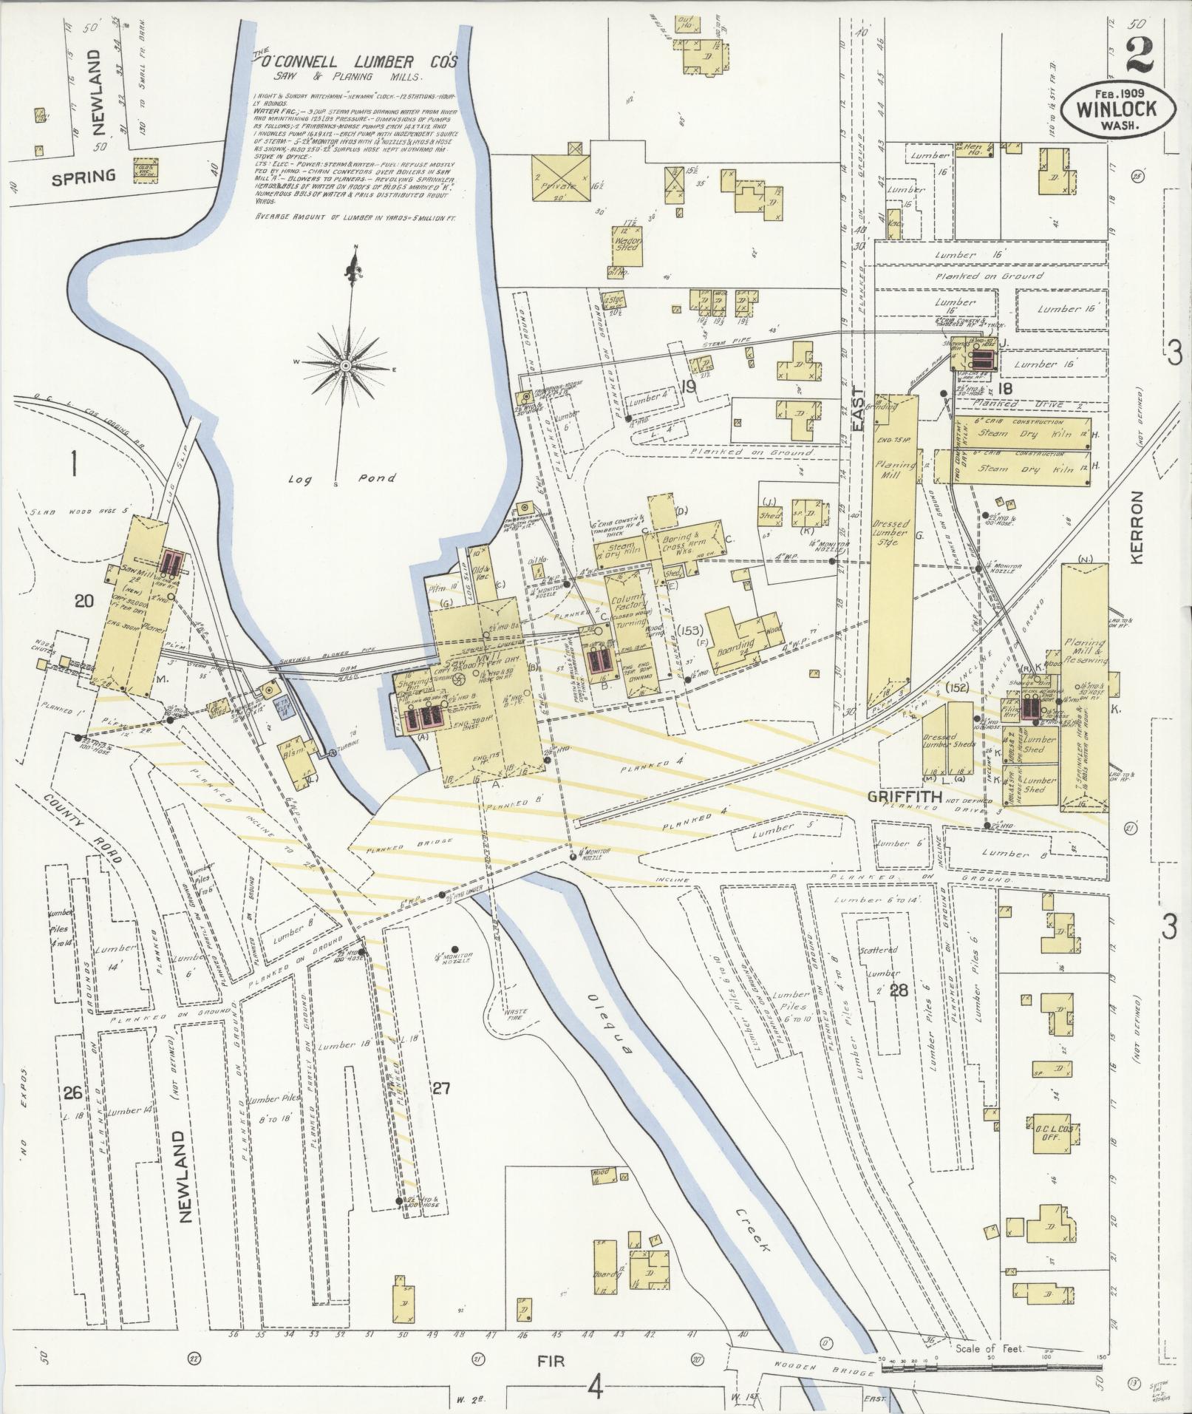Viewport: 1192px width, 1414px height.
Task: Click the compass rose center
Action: pyautogui.click(x=345, y=366)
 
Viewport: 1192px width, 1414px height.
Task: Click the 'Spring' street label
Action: pyautogui.click(x=84, y=176)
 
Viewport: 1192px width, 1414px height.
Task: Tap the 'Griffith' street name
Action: pyautogui.click(x=905, y=797)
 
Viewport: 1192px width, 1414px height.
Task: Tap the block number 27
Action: pyautogui.click(x=441, y=1088)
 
